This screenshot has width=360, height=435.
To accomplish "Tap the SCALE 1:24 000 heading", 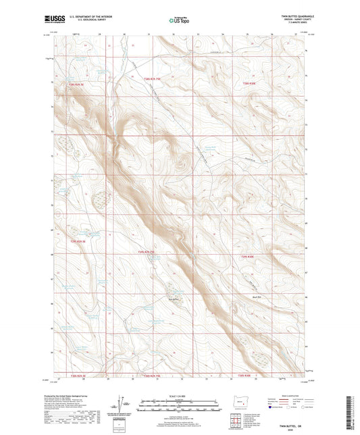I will pos(179,395).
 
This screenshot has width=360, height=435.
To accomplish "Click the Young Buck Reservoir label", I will pos(211,149).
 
